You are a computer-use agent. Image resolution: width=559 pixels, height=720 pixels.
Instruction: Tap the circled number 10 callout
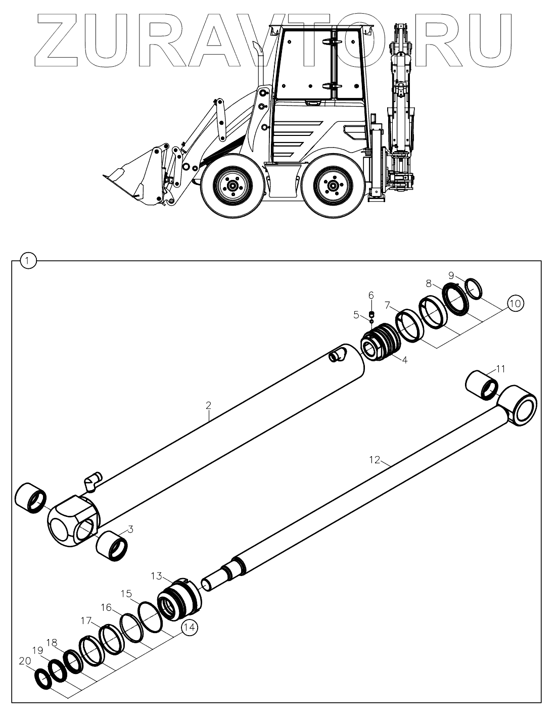515,304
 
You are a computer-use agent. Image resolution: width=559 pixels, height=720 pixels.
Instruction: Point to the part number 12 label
375,460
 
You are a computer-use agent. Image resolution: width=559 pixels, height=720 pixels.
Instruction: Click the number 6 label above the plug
371,295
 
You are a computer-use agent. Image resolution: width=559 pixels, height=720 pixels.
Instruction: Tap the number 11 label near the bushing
500,369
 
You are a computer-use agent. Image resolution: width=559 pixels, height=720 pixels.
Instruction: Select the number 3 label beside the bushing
130,529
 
